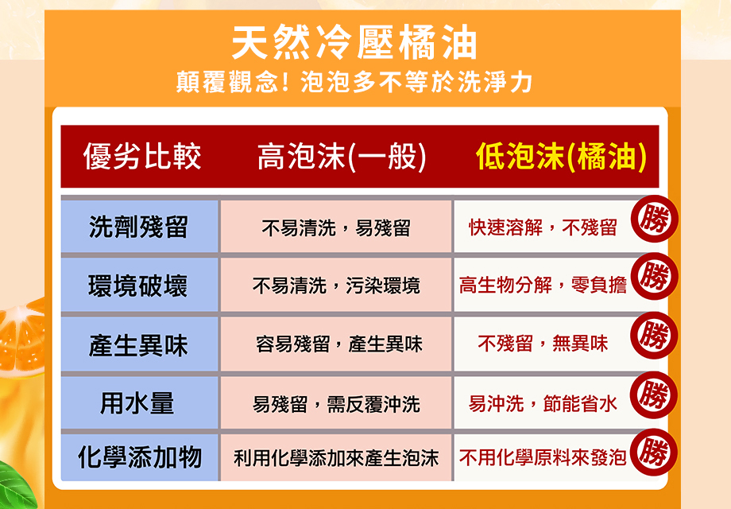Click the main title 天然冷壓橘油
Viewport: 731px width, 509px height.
click(x=354, y=43)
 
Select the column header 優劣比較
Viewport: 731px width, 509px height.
click(x=142, y=157)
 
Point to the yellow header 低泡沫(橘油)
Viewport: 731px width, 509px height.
click(x=560, y=157)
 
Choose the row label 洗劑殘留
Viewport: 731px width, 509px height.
click(x=138, y=227)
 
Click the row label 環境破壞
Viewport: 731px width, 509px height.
click(x=138, y=286)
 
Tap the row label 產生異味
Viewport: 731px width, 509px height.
click(x=138, y=345)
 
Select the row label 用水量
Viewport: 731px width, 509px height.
click(x=138, y=403)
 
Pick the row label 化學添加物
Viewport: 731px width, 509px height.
click(x=138, y=457)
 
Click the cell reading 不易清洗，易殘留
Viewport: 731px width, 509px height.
click(x=336, y=228)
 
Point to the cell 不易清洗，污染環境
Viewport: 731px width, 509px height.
click(x=336, y=286)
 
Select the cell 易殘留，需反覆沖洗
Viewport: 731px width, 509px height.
click(x=336, y=404)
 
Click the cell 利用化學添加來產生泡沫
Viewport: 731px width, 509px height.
click(x=336, y=458)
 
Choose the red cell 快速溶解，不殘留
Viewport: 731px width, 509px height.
click(x=543, y=228)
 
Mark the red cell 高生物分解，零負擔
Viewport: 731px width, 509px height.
click(x=543, y=286)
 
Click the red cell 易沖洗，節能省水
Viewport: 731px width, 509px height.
click(x=543, y=404)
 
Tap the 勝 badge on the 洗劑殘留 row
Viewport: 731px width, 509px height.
click(x=654, y=218)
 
